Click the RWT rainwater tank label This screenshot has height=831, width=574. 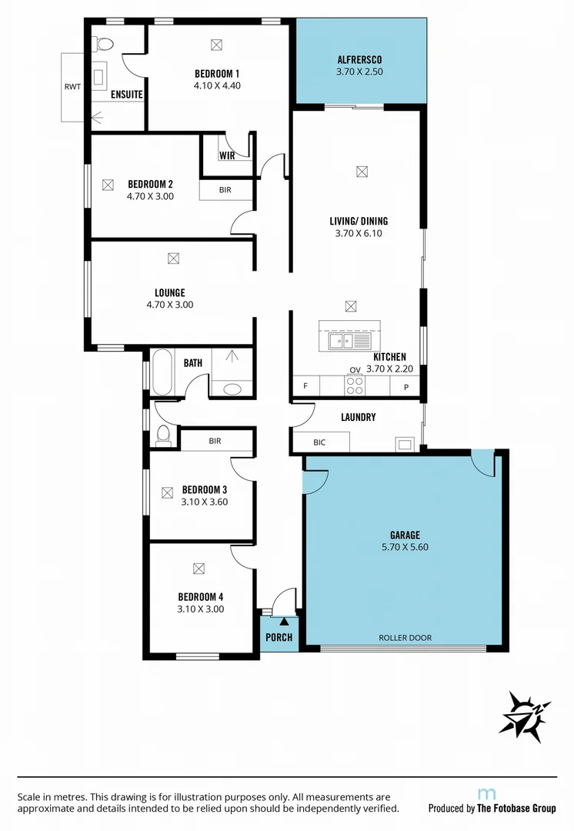pos(72,86)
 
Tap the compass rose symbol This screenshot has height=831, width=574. pos(526,716)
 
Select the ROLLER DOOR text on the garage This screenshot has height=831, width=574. pos(405,638)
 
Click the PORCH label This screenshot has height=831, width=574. pos(279,637)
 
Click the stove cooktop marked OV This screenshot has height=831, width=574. pos(355,385)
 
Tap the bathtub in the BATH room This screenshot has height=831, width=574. pos(162,372)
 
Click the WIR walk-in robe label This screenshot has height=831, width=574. pos(227,155)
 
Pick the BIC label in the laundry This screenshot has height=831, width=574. pos(320,443)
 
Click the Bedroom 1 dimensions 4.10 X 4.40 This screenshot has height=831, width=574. pos(217,85)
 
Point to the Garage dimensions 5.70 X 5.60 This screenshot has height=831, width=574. pos(404,547)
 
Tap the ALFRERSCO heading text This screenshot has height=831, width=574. pos(359,59)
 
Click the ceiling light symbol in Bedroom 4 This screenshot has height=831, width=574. pos(199,569)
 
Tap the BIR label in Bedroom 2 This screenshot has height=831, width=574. pos(225,189)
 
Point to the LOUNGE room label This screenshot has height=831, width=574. pos(169,292)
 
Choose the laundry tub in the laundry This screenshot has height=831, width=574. pos(405,443)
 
